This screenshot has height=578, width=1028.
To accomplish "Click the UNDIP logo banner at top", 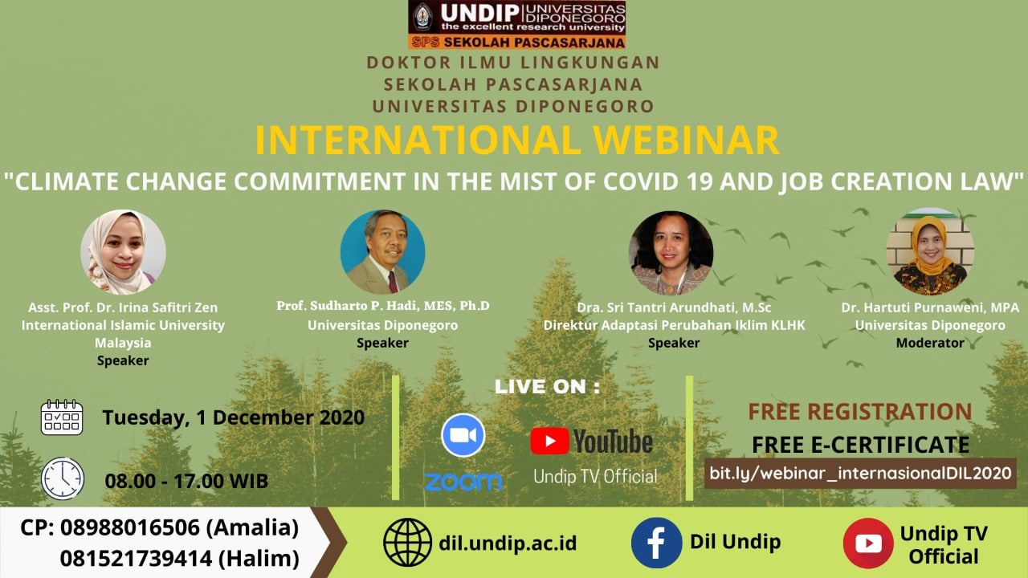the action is pos(516,24).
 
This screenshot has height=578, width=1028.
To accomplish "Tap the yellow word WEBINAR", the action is pos(686,140).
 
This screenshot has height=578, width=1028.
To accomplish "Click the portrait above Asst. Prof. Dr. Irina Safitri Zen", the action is pos(123,252).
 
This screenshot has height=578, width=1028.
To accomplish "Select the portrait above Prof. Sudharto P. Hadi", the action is pos(383,252).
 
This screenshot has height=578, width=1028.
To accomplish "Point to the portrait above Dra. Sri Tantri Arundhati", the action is pos(671,253).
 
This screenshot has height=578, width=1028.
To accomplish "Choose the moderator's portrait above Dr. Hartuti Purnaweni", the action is pos(930,252).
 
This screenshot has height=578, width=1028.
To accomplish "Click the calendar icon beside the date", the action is pos(62,417).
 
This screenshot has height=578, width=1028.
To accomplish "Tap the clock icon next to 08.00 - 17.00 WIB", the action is pos(63,478).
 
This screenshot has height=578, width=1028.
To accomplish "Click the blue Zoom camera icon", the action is pos(463,435).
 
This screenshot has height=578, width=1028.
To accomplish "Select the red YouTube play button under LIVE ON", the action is pos(549,441).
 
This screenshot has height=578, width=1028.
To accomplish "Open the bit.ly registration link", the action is pos(860,473).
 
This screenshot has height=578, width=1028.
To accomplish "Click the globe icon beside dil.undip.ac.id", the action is pos(407,542).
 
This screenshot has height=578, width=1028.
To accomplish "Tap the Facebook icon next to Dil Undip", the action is pos(656,543).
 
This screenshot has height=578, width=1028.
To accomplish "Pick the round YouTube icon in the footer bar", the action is pos(868,543).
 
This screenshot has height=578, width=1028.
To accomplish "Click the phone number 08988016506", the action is pos(130,527).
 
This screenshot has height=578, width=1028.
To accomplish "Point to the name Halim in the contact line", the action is pos(259,558).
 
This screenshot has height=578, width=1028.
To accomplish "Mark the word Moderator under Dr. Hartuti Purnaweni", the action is pos(930,343).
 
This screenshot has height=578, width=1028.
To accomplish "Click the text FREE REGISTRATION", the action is pos(860,412).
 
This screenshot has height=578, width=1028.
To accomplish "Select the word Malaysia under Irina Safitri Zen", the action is pos(123,343).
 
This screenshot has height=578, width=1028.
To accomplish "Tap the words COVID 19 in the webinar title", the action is pos(658,181).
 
